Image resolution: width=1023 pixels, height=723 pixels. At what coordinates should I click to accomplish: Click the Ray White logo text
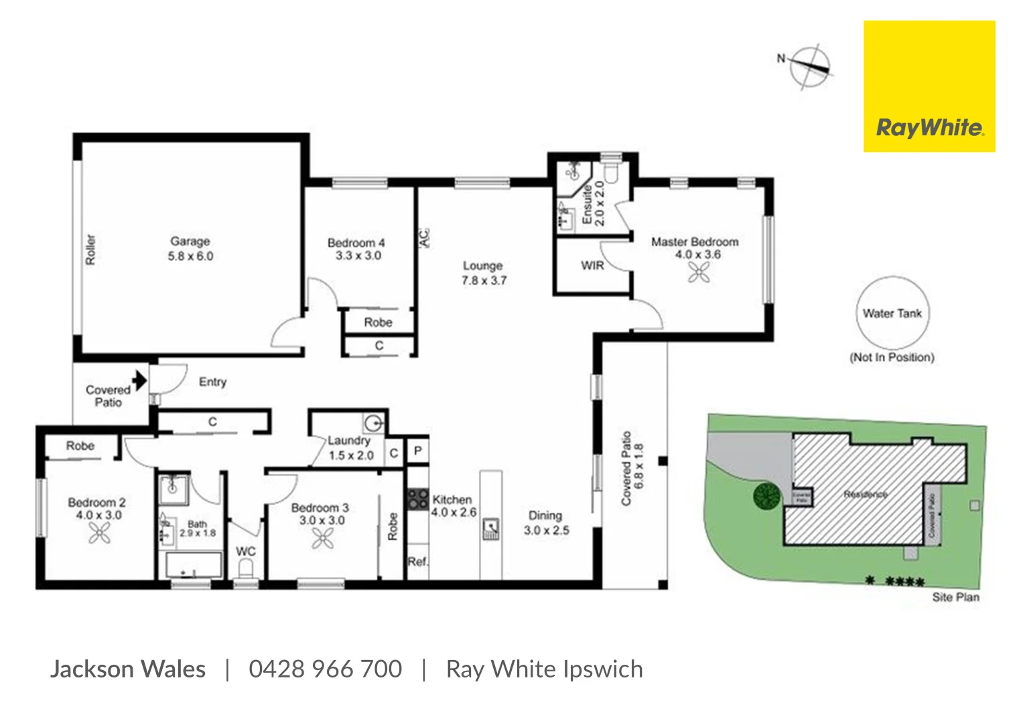click(929, 127)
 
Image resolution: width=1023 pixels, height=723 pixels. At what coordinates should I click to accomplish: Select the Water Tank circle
click(892, 313)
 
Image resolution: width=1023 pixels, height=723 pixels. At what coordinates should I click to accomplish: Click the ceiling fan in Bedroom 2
click(99, 533)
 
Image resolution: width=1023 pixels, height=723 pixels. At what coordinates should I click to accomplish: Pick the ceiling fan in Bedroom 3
click(322, 538)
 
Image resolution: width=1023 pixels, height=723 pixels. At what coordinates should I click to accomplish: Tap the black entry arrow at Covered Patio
click(139, 381)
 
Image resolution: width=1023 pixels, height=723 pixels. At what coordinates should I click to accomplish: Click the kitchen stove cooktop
click(418, 499)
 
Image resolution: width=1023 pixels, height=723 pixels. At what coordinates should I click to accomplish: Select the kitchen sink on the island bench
click(491, 529)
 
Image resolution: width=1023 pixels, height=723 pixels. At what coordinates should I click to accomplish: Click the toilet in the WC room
click(246, 570)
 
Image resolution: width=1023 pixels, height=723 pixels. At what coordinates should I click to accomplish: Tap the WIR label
click(592, 266)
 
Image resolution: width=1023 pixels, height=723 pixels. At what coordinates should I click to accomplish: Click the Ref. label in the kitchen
click(417, 562)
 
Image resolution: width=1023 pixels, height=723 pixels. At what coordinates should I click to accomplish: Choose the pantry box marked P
click(417, 451)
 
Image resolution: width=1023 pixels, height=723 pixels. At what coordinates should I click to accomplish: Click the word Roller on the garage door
click(90, 249)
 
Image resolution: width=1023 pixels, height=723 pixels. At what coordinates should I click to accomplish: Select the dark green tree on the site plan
click(766, 496)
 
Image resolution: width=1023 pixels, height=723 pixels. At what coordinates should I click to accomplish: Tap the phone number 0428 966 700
click(325, 669)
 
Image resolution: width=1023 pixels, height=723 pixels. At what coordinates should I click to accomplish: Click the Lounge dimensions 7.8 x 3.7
click(484, 280)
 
